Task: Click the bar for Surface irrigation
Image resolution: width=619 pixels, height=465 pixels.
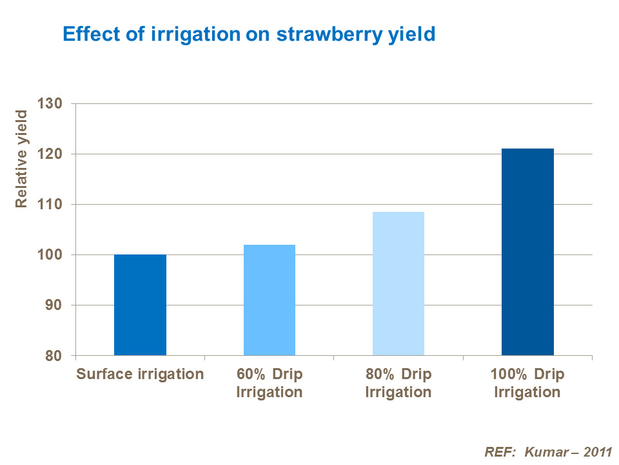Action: click(140, 305)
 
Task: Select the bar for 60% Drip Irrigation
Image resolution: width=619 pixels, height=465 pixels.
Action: click(269, 300)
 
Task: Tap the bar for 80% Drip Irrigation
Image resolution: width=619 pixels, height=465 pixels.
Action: click(398, 284)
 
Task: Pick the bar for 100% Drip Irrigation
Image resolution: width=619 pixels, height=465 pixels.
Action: click(527, 252)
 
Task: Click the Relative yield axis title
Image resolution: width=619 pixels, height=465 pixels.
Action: click(21, 159)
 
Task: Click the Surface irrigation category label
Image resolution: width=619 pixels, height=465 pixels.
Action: click(140, 375)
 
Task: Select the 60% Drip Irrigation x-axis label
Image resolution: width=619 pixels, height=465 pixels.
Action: click(269, 383)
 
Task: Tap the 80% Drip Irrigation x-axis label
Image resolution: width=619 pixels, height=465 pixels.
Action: click(398, 383)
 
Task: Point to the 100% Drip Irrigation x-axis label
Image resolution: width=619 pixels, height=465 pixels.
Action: click(527, 383)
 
